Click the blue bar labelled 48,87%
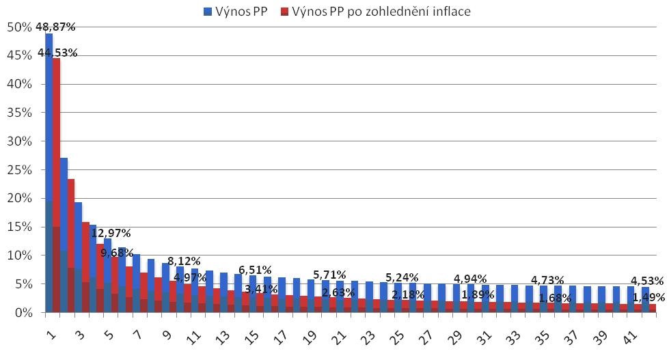pyautogui.click(x=49, y=171)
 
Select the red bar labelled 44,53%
pyautogui.click(x=56, y=184)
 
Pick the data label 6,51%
pyautogui.click(x=255, y=270)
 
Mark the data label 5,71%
pyautogui.click(x=329, y=275)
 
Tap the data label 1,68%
pyautogui.click(x=556, y=297)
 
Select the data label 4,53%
pyautogui.click(x=645, y=280)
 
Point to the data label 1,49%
pyautogui.click(x=645, y=297)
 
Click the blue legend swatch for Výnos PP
pyautogui.click(x=207, y=11)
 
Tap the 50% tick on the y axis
pyautogui.click(x=19, y=27)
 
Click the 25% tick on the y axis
pyautogui.click(x=19, y=170)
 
